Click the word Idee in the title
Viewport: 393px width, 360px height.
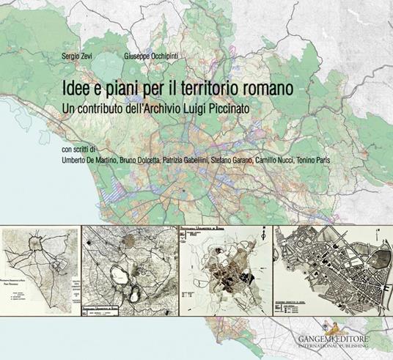coord(77,87)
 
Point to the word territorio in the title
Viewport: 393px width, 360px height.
coord(208,87)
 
